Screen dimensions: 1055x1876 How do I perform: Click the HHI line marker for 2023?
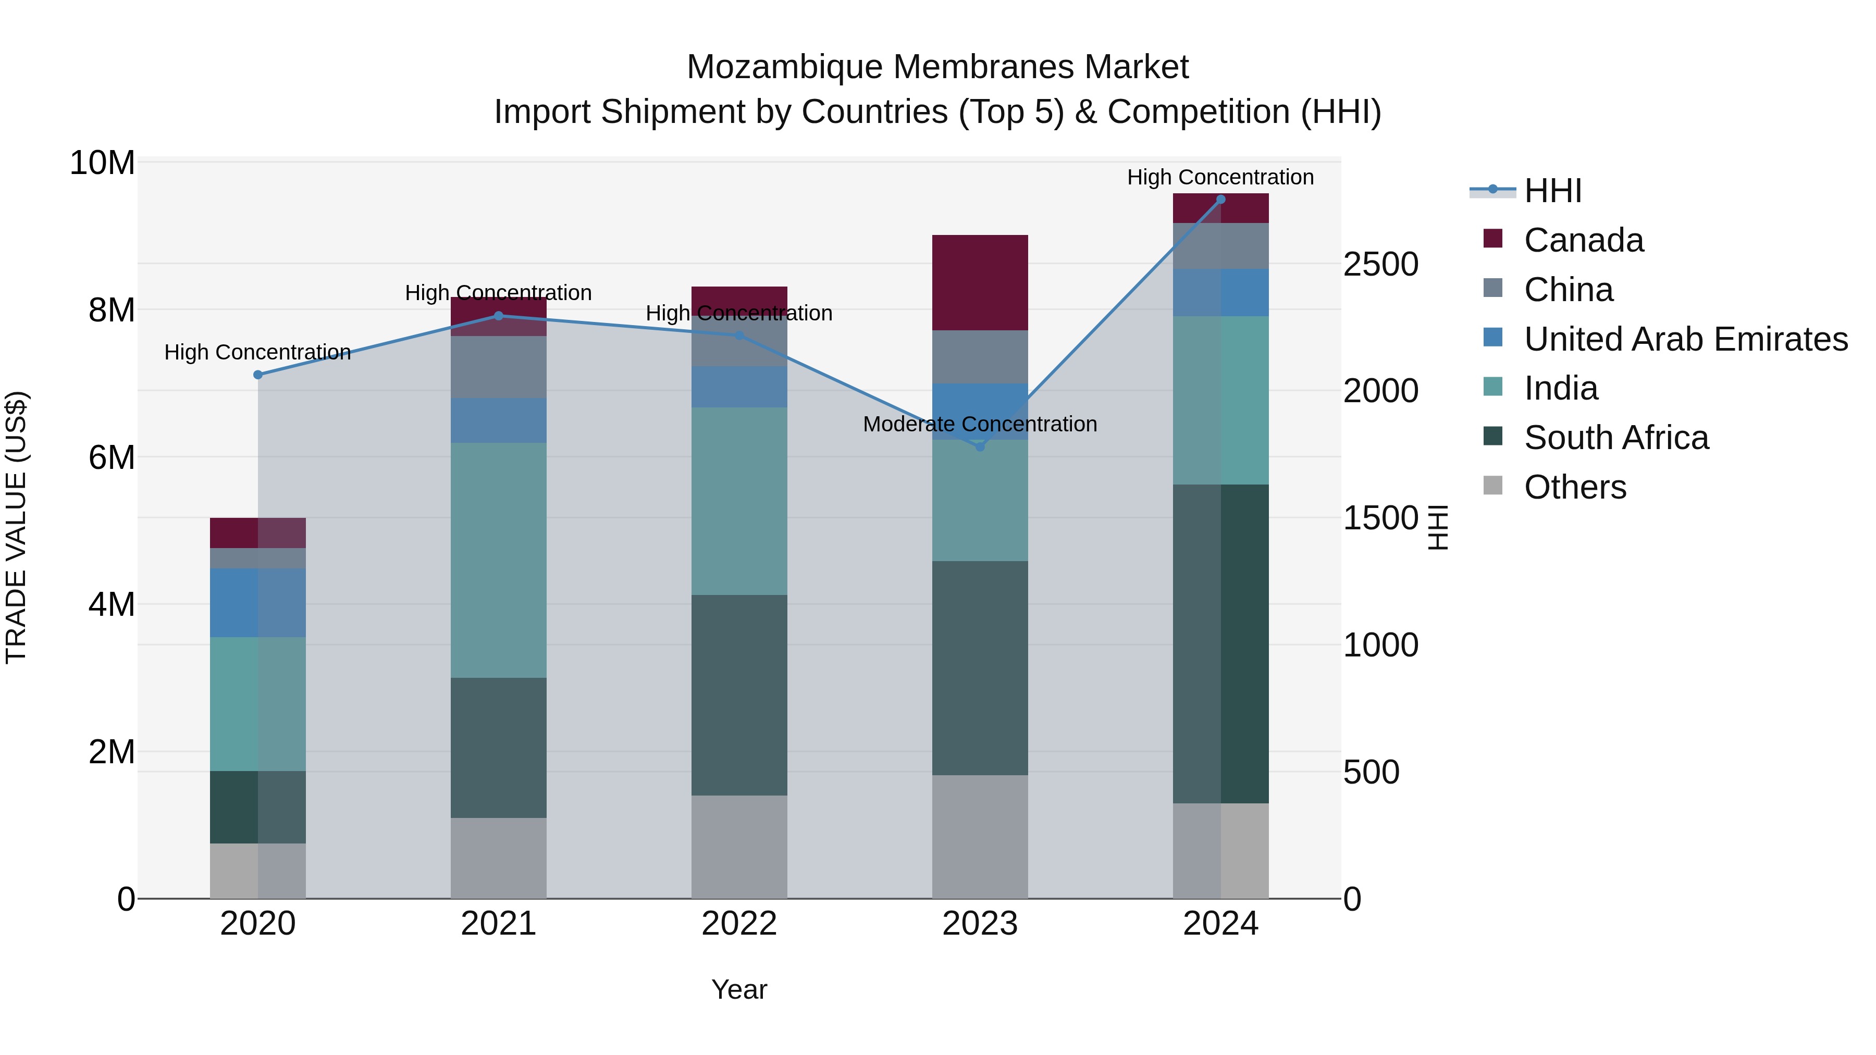click(980, 446)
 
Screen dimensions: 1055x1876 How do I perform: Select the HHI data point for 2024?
click(1220, 200)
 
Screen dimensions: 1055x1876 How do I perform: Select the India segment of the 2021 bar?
click(498, 560)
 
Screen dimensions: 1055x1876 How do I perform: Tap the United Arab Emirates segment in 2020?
click(258, 603)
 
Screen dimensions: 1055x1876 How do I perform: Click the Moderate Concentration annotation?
click(980, 424)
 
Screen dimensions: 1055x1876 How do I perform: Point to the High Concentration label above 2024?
click(1220, 177)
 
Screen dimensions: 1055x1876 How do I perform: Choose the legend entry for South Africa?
click(1615, 438)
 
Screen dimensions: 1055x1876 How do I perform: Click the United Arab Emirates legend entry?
click(1685, 339)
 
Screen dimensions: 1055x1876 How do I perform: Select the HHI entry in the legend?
click(1552, 191)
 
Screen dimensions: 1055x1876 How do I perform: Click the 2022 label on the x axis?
click(739, 924)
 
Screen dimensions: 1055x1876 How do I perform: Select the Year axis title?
click(739, 989)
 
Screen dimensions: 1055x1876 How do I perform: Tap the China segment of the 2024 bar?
click(1220, 246)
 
